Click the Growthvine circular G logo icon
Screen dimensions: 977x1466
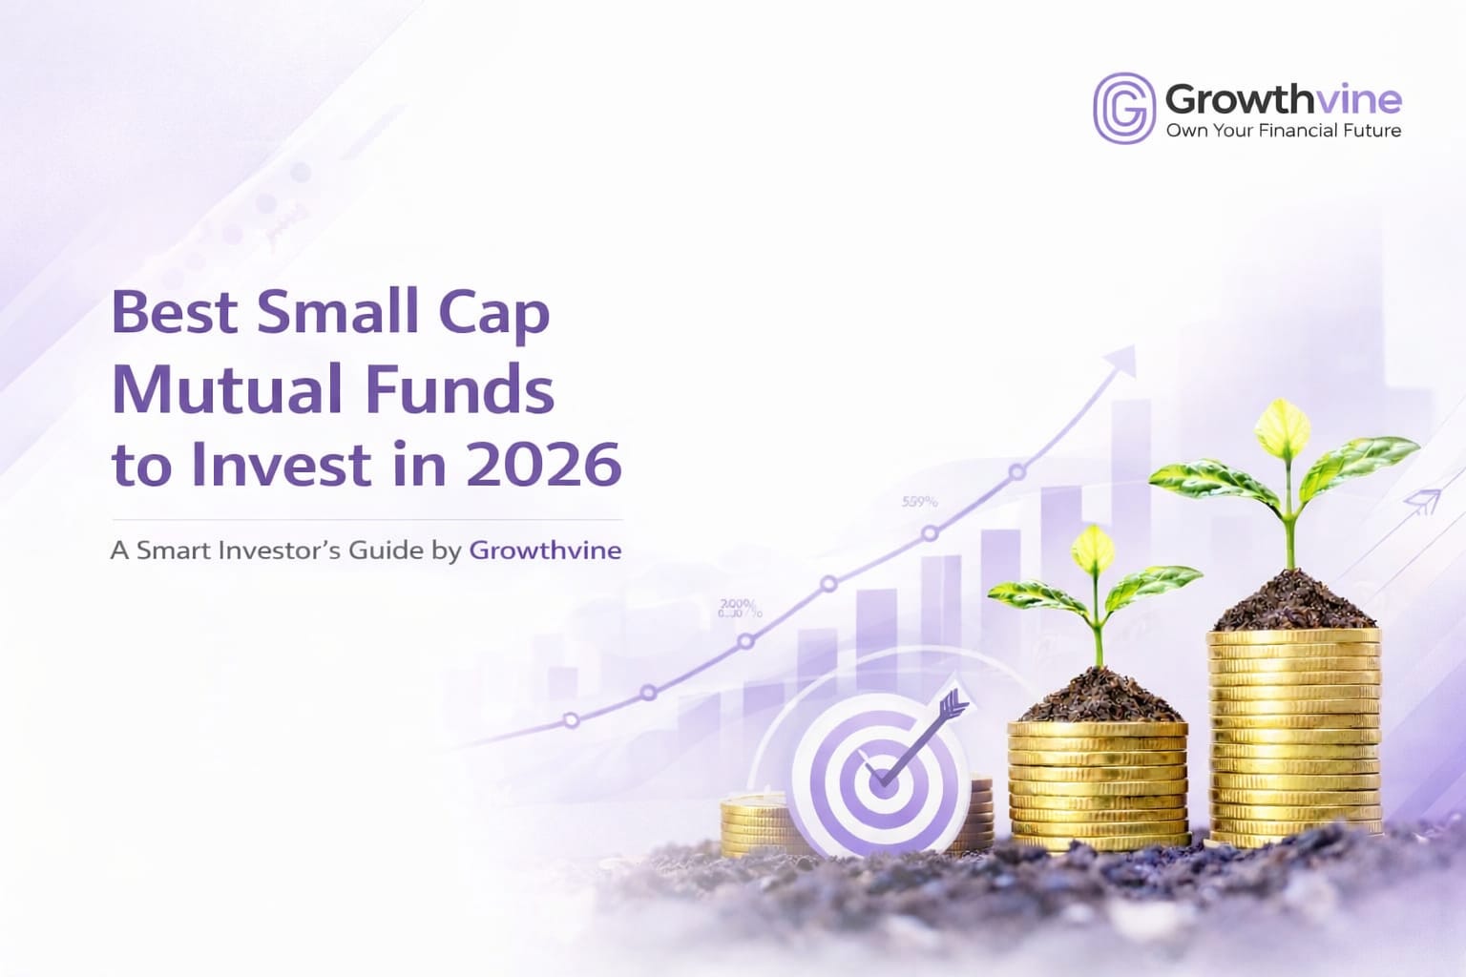pyautogui.click(x=1123, y=108)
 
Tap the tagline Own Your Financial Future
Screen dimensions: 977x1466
pyautogui.click(x=1283, y=131)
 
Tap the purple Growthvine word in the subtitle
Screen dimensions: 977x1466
pyautogui.click(x=545, y=551)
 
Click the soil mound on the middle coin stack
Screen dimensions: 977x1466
pyautogui.click(x=1099, y=696)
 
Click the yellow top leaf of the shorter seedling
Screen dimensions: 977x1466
pyautogui.click(x=1094, y=549)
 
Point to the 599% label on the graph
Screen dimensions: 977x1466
pyautogui.click(x=919, y=501)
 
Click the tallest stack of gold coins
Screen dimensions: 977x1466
pyautogui.click(x=1294, y=735)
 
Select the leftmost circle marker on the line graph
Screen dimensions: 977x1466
pyautogui.click(x=571, y=720)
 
